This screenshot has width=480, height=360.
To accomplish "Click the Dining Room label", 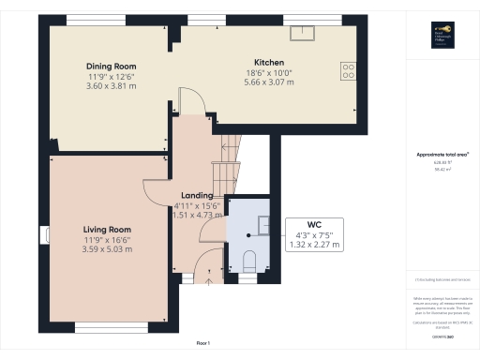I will pos(112,67).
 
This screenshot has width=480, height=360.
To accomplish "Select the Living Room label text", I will pos(106,229).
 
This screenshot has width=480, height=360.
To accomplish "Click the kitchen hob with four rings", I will pos(350,68).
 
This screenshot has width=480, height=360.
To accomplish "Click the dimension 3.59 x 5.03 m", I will pos(106,249).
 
